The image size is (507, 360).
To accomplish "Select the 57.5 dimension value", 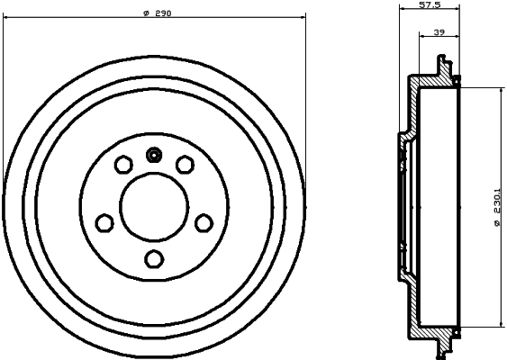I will point(430,4).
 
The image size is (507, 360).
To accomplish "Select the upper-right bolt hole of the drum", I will point(185,164).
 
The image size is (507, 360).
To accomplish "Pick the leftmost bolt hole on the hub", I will point(104,221).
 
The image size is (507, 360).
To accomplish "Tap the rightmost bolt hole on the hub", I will point(204,221).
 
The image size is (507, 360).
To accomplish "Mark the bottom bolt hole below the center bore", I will point(154,259).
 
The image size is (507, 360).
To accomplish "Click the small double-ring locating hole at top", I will point(154,154).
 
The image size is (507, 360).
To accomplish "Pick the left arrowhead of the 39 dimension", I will point(421,38).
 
